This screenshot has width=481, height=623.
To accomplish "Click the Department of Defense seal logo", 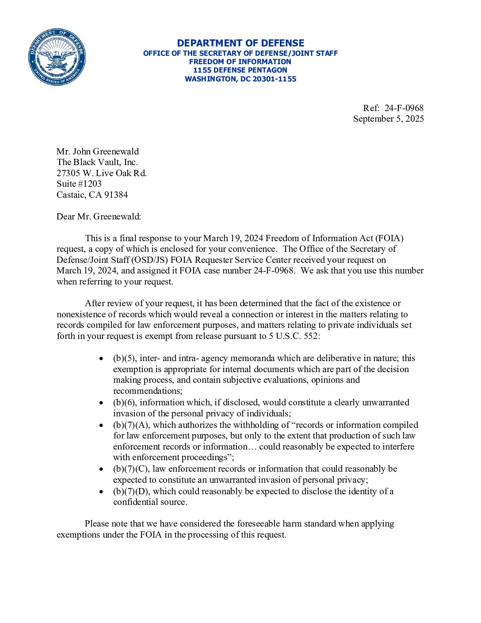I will tap(57, 57).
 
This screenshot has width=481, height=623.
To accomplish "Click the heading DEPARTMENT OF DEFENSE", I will tap(240, 43).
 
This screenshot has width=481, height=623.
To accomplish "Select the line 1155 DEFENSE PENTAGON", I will tap(240, 70).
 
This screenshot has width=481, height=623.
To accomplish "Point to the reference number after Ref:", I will tap(404, 108).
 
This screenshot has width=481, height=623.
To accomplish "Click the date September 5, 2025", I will tap(388, 119).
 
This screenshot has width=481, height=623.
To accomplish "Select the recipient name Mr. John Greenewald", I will tap(98, 151).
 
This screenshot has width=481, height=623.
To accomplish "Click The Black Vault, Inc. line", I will tap(97, 162).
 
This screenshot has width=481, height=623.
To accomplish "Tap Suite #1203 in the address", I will tap(79, 184).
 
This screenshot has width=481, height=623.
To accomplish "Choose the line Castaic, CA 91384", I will tap(92, 195).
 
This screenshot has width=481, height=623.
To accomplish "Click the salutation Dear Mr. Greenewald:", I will tap(99, 216).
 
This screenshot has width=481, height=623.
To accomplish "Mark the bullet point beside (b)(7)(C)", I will tap(102, 469).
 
